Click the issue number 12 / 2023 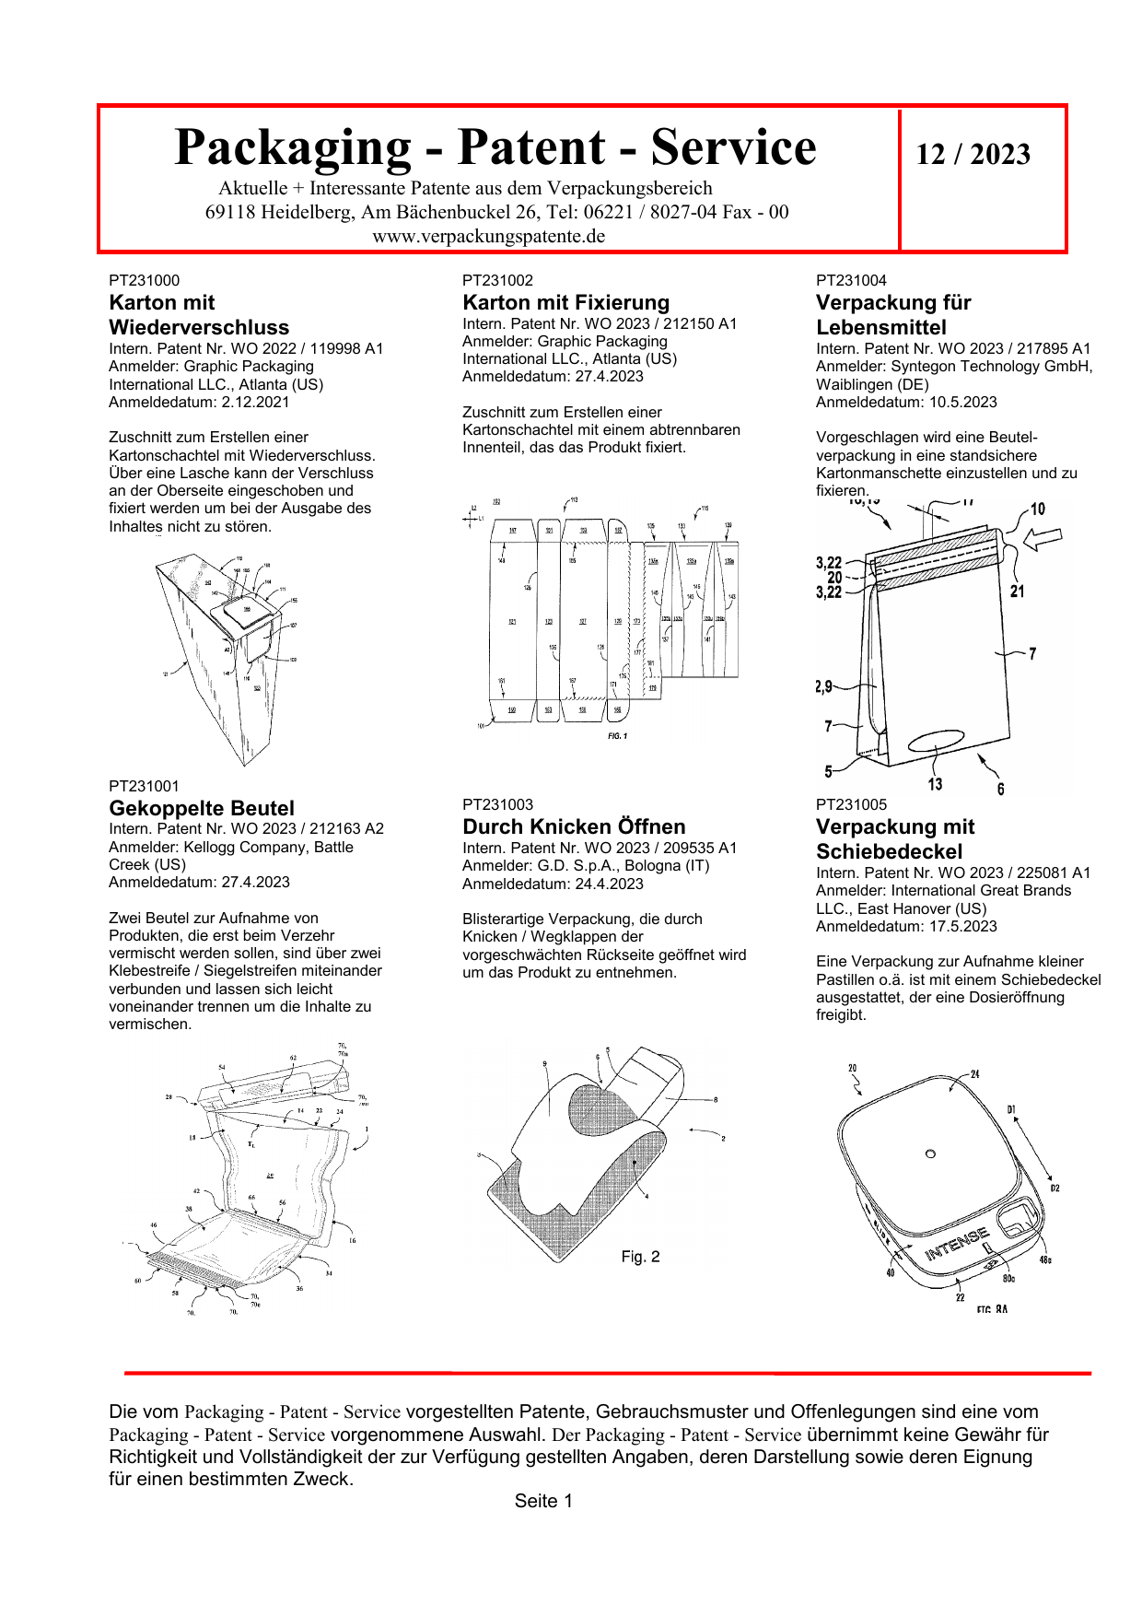973,154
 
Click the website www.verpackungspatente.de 488,236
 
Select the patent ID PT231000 145,280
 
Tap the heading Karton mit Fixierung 565,302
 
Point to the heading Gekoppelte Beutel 202,808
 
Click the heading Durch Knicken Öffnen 574,826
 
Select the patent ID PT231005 851,804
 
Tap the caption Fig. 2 640,1257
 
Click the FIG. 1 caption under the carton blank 617,736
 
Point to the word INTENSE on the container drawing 957,1244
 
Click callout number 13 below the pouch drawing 935,784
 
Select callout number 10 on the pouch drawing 1037,509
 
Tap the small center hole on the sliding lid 930,1153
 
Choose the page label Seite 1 543,1501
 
